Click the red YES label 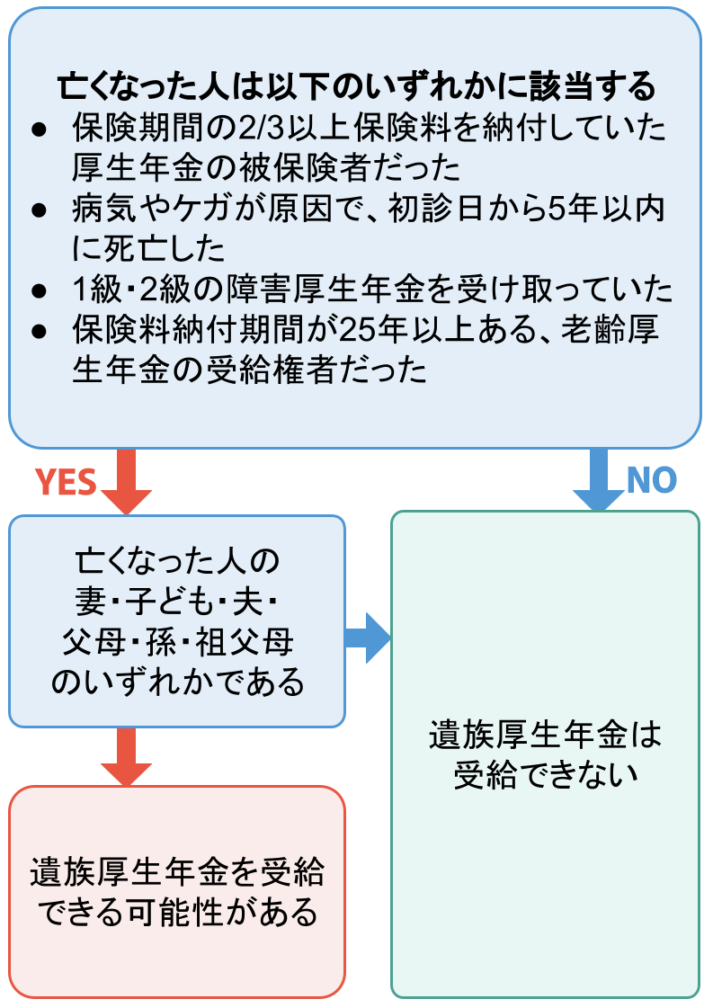coord(66,483)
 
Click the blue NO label coord(651,480)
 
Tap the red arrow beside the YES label coord(127,481)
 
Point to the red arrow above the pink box coord(127,756)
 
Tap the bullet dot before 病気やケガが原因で coord(39,210)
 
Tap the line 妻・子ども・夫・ coord(177,602)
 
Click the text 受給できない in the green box coord(545,774)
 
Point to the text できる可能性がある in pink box coord(177,914)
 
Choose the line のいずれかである coord(177,682)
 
